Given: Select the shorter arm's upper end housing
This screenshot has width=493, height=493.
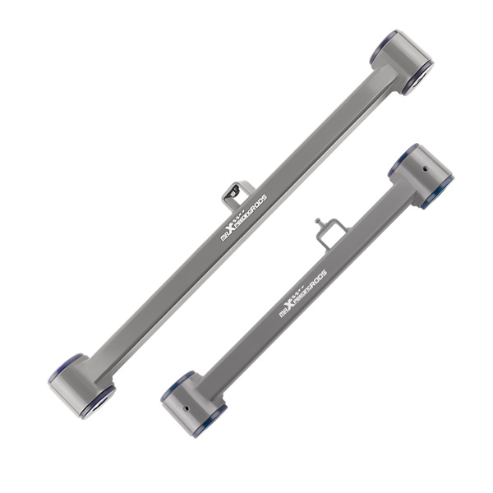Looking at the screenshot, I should click(x=421, y=173).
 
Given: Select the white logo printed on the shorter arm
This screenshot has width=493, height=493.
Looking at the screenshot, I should click(x=303, y=292).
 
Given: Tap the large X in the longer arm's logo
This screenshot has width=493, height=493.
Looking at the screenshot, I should click(x=233, y=228).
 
